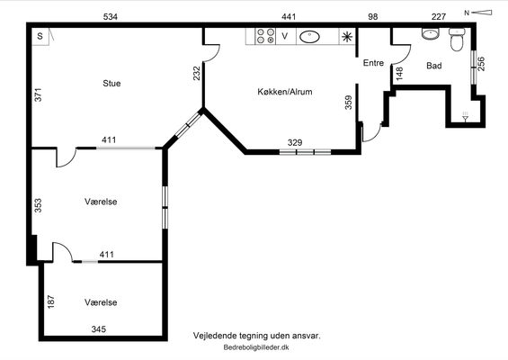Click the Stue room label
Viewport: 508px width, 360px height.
tap(111, 84)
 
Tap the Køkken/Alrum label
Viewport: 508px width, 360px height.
tap(285, 92)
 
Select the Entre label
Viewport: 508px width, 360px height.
tap(373, 63)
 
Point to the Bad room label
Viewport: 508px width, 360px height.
tap(433, 66)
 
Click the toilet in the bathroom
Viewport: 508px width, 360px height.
tap(457, 40)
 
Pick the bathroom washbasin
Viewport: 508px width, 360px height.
tap(431, 33)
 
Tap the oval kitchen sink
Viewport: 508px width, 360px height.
tap(309, 37)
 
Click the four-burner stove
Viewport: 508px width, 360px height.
tap(265, 36)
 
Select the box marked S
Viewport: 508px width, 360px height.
tap(40, 36)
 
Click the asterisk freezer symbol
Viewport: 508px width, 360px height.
tap(347, 37)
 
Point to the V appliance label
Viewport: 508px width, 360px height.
tap(285, 36)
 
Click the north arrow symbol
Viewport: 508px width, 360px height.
tap(478, 13)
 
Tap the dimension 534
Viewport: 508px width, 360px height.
tap(111, 17)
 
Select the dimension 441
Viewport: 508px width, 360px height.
tap(289, 17)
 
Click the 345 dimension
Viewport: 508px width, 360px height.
tap(99, 329)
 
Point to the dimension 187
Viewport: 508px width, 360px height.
tap(51, 301)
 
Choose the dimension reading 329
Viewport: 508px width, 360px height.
tap(295, 143)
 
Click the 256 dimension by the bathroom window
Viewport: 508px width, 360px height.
tap(481, 64)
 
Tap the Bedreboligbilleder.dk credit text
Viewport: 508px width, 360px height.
tap(256, 347)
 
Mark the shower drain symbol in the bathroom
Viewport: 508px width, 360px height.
tap(465, 117)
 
